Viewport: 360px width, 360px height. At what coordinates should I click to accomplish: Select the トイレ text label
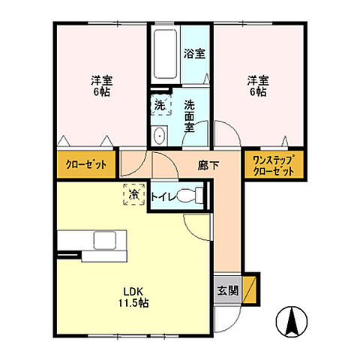click(x=164, y=196)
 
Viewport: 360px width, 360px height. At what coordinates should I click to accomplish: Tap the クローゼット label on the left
click(x=85, y=165)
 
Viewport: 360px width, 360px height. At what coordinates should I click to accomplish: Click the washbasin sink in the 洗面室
click(x=160, y=136)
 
